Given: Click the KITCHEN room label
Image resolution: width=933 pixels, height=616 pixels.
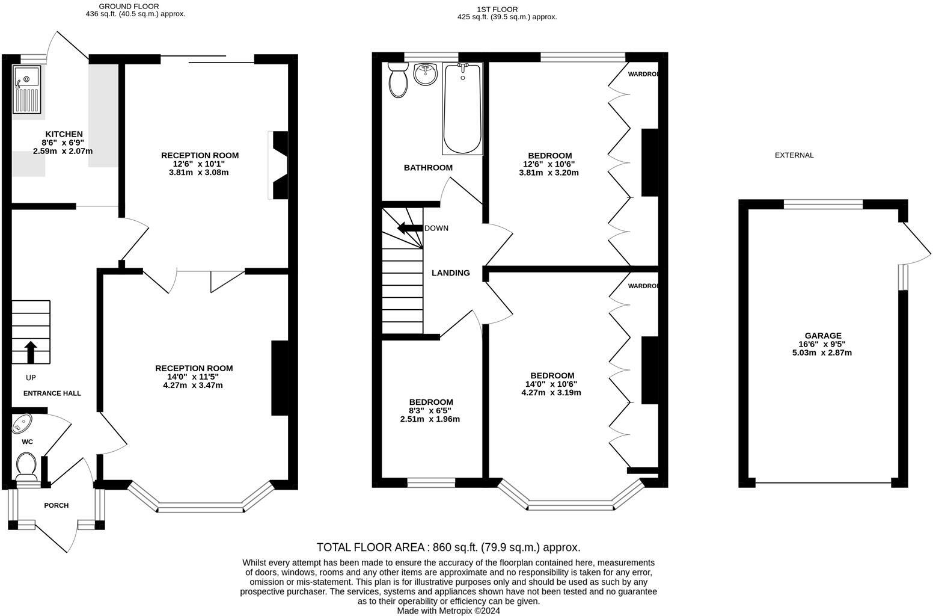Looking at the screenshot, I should click(64, 134).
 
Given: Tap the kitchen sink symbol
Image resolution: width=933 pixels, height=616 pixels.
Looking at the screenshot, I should click(26, 90).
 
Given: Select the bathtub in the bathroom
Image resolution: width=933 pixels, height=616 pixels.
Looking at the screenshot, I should click(462, 109).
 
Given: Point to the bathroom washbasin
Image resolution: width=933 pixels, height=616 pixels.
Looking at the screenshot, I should click(427, 75).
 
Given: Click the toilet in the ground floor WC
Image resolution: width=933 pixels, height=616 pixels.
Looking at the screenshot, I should click(26, 464).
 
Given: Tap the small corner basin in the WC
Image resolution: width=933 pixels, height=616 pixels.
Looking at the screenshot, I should click(22, 423).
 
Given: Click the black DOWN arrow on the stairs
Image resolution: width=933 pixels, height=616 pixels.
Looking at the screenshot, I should click(410, 228).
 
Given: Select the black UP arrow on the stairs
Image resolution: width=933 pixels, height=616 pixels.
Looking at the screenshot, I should click(30, 352).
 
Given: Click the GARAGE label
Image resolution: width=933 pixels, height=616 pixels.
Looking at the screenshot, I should click(823, 336).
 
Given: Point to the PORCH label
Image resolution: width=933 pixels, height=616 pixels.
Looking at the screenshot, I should click(56, 505).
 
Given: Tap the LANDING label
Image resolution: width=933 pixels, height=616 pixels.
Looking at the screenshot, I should click(450, 273).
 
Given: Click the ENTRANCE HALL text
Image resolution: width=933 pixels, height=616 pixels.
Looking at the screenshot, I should click(52, 393).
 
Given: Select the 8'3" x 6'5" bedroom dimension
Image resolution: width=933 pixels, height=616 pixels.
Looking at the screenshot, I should click(430, 410).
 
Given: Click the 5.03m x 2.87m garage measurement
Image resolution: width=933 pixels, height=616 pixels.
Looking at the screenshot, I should click(822, 353).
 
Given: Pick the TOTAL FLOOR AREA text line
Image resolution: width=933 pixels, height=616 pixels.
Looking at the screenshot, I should click(448, 547).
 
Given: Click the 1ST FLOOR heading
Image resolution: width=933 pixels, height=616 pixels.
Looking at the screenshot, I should click(497, 9).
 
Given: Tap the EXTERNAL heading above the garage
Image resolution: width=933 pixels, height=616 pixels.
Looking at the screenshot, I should click(794, 155).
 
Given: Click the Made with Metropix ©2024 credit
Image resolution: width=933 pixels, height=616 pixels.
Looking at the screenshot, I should click(448, 611).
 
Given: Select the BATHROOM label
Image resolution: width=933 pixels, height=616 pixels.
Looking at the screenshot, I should click(428, 168).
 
